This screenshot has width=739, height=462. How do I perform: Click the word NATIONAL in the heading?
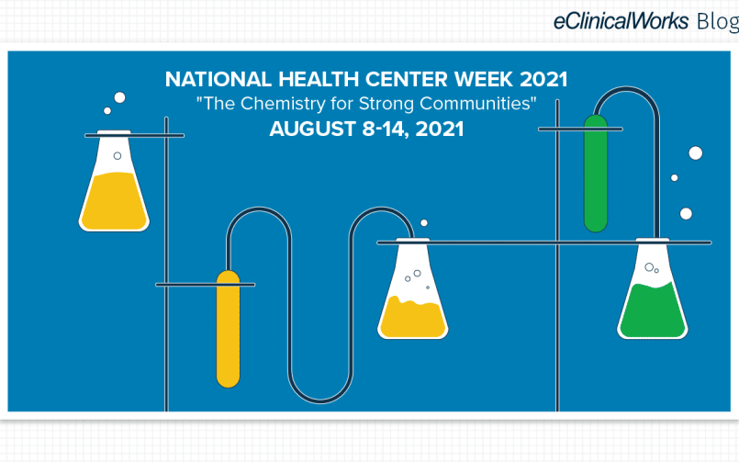click(x=218, y=79)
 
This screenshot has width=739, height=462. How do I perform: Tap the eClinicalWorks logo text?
click(x=621, y=22)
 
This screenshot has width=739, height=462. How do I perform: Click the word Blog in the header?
click(x=718, y=22)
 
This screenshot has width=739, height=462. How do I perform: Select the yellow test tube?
click(x=228, y=329)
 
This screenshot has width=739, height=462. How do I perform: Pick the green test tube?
click(x=596, y=174)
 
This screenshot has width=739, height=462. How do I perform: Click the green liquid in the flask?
click(x=653, y=311)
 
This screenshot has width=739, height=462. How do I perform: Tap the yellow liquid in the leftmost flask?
click(x=114, y=201)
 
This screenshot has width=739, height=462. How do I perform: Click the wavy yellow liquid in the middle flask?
click(x=413, y=317)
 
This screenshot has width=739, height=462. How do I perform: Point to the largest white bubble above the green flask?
click(x=696, y=153)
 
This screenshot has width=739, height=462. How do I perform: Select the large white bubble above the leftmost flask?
click(x=119, y=97)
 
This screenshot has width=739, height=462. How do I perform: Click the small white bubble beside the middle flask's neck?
click(x=424, y=223)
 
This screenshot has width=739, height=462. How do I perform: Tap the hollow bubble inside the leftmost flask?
click(x=118, y=156)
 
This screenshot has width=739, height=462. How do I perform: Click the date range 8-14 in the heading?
click(x=386, y=130)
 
